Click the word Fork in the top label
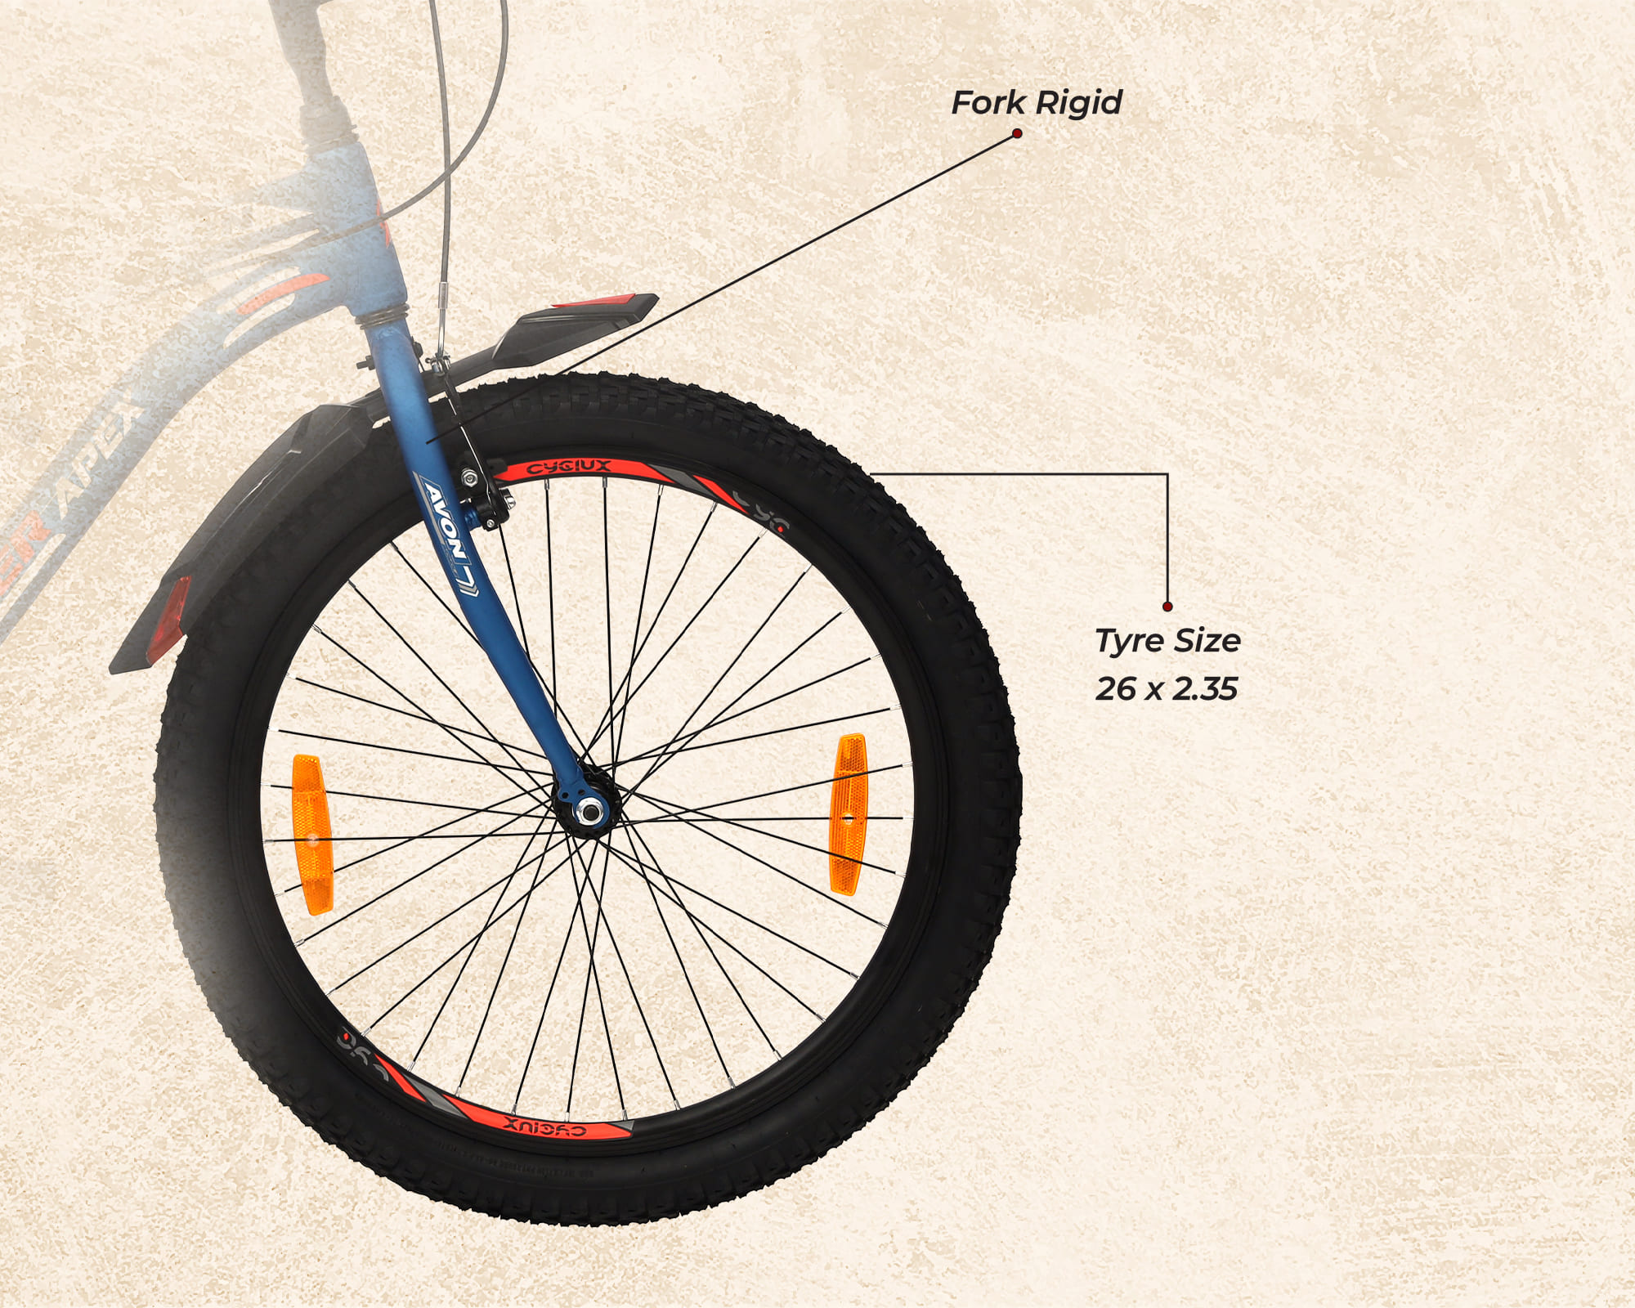point(988,103)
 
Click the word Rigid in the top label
point(1079,103)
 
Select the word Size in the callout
point(1207,641)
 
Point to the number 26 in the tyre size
point(1115,689)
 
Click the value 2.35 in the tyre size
point(1204,689)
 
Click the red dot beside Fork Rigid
point(1017,133)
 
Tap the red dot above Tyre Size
point(1167,607)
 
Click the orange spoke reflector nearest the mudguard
point(311,834)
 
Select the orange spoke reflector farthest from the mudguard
point(849,814)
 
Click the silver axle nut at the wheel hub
point(587,810)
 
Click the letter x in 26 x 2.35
point(1153,691)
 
